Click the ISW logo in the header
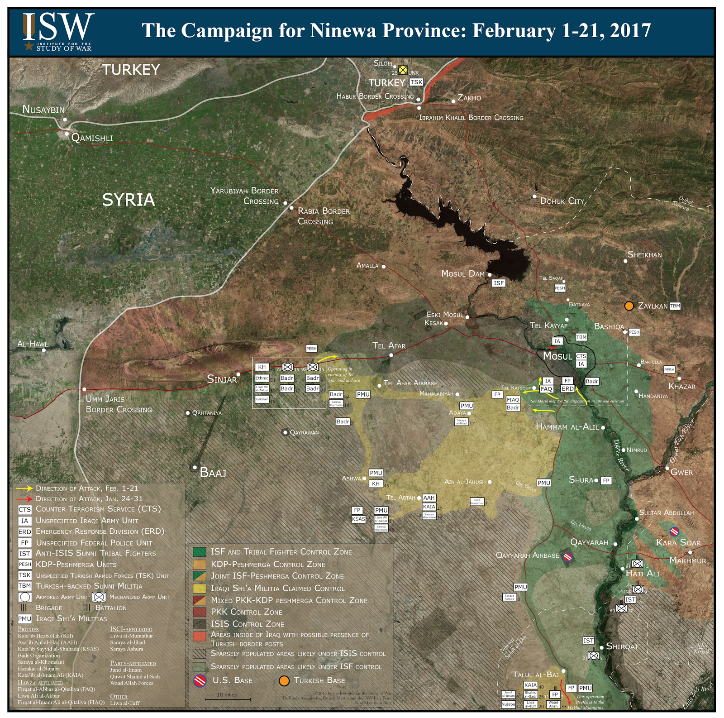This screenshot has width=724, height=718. (x=58, y=32)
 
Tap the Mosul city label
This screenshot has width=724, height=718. (x=557, y=356)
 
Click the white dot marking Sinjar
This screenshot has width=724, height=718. (x=238, y=374)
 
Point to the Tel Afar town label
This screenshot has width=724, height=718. (x=389, y=346)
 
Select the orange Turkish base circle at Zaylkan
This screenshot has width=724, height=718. (x=629, y=306)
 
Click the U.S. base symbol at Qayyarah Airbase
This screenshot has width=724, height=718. (x=568, y=557)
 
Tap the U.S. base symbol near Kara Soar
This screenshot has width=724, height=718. (x=674, y=531)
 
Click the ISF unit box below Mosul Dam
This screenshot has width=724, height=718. (x=498, y=283)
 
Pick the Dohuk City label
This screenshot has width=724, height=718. (x=562, y=201)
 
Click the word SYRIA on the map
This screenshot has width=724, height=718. (x=129, y=200)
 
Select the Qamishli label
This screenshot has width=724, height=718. (x=92, y=138)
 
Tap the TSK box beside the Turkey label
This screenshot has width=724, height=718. (x=416, y=82)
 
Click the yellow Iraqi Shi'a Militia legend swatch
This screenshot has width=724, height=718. (x=200, y=589)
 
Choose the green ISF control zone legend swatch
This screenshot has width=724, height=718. (x=200, y=552)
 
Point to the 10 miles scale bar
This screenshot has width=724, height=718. (x=228, y=699)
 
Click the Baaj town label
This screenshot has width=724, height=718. (x=213, y=473)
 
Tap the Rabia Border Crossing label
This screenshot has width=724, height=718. (x=324, y=216)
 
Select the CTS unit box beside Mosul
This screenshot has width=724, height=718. (x=581, y=356)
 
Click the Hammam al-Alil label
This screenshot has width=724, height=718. (x=567, y=427)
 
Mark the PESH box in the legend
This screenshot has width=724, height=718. (x=24, y=565)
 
